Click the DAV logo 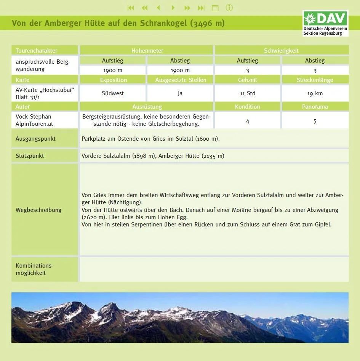point(325,23)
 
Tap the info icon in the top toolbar point(229,8)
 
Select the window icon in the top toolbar point(215,8)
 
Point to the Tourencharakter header point(37,50)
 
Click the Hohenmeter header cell point(147,50)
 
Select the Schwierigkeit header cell point(281,50)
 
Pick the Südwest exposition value point(113,93)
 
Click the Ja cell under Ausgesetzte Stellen point(180,93)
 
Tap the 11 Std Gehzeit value point(248,93)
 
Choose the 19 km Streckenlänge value point(315,93)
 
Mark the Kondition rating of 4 point(248,121)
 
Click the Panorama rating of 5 point(315,121)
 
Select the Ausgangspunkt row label point(35,139)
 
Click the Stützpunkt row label point(30,156)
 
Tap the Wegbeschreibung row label point(38,210)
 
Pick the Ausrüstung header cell point(147,107)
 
